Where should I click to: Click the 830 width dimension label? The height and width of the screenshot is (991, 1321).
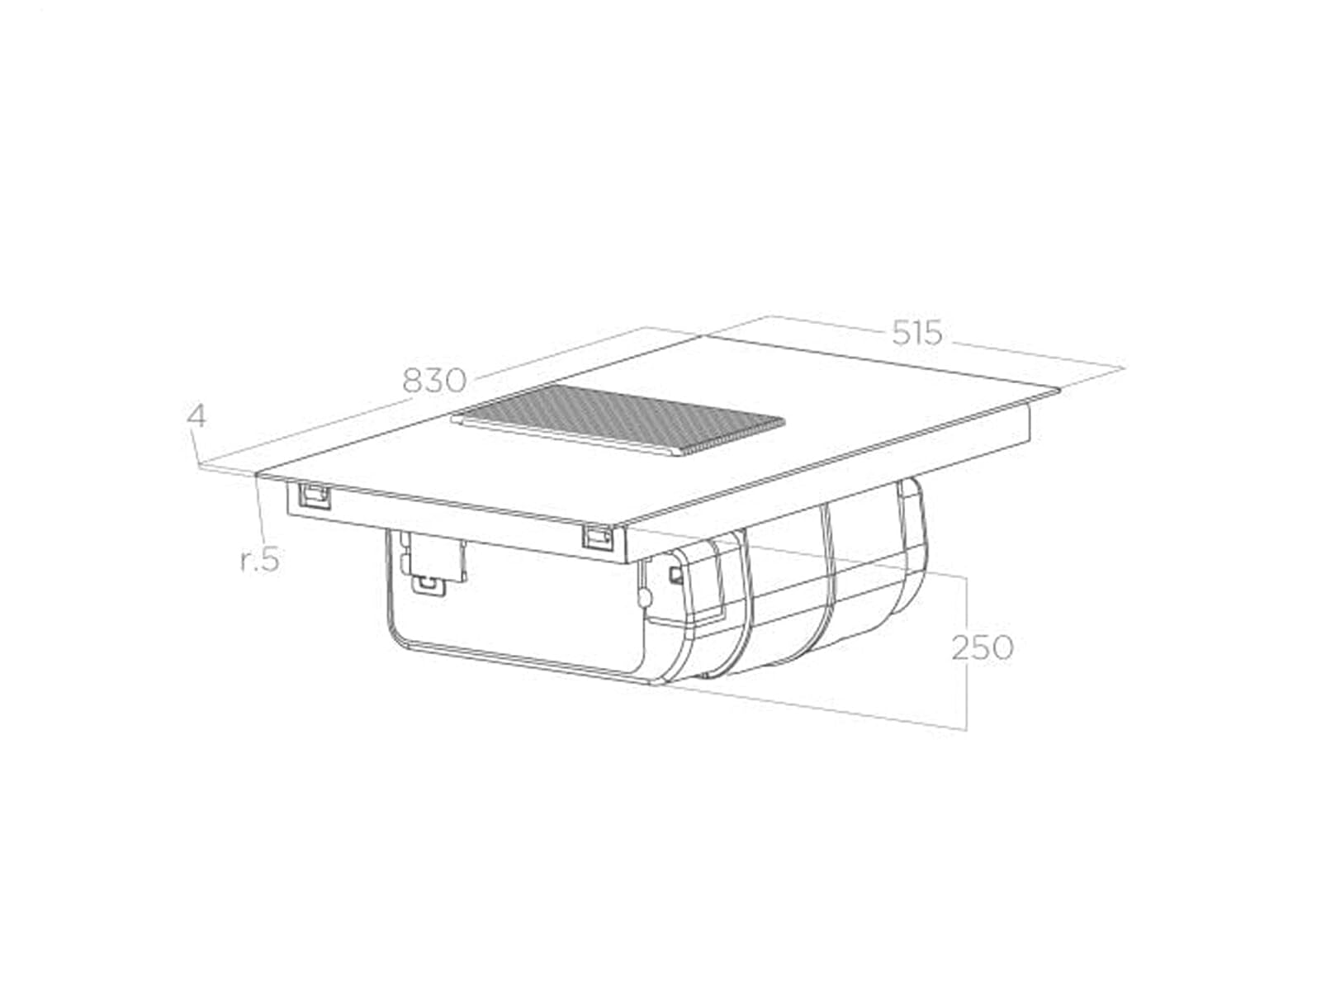tap(434, 380)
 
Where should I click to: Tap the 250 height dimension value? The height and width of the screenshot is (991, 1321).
tap(982, 647)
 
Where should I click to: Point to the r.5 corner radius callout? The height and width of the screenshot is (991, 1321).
tap(260, 560)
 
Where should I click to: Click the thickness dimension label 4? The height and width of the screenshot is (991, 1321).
tap(196, 416)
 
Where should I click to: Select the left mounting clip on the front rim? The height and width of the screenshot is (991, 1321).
tap(314, 497)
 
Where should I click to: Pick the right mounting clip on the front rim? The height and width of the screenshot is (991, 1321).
tap(598, 535)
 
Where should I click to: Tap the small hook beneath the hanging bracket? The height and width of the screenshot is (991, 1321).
tap(428, 584)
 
